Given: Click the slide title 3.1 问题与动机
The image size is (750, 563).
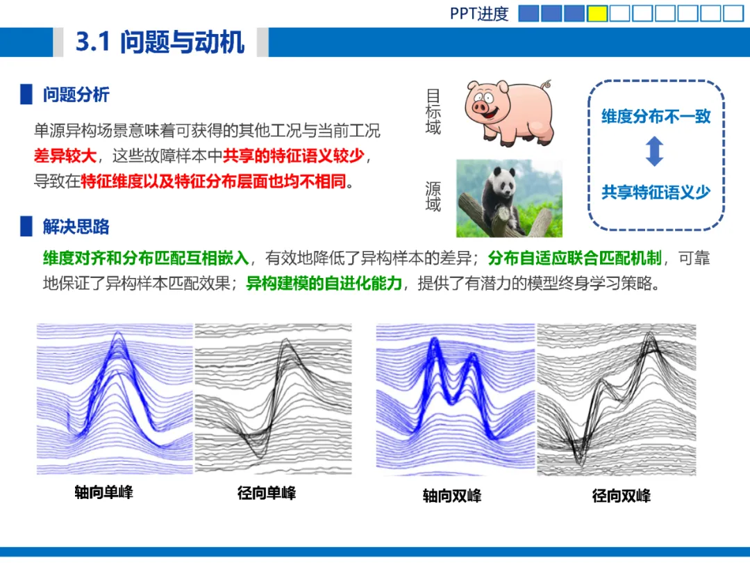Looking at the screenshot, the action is click(x=160, y=42).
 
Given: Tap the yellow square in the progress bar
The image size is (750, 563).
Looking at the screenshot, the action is click(x=597, y=13).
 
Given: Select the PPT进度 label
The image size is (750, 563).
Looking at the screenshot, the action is click(x=478, y=13).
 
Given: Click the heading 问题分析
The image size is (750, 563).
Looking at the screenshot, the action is click(x=76, y=95).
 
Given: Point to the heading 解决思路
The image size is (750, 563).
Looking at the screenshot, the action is click(x=76, y=227).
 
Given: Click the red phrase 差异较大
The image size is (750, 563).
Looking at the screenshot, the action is click(x=65, y=156).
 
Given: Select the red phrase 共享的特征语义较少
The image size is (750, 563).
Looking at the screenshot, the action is click(x=294, y=156).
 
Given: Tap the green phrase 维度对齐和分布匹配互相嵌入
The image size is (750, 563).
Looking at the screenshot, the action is click(x=146, y=258).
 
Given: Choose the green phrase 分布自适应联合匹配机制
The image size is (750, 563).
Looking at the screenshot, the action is click(x=574, y=258).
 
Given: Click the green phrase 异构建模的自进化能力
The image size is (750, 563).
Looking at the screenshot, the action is click(x=324, y=284).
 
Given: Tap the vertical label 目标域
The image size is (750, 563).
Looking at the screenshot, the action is click(x=433, y=111).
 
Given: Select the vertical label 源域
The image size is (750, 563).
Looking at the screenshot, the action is click(x=433, y=196).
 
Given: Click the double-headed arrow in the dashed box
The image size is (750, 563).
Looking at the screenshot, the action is click(x=654, y=152).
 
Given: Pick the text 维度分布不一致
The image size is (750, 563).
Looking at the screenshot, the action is click(x=656, y=116).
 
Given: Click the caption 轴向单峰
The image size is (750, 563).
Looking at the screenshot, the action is click(x=103, y=492).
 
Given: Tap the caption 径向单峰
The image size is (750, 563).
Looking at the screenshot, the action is click(x=267, y=493).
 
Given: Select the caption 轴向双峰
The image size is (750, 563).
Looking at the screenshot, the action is click(x=452, y=496).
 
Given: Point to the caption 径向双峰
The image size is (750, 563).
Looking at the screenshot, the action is click(x=622, y=496).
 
